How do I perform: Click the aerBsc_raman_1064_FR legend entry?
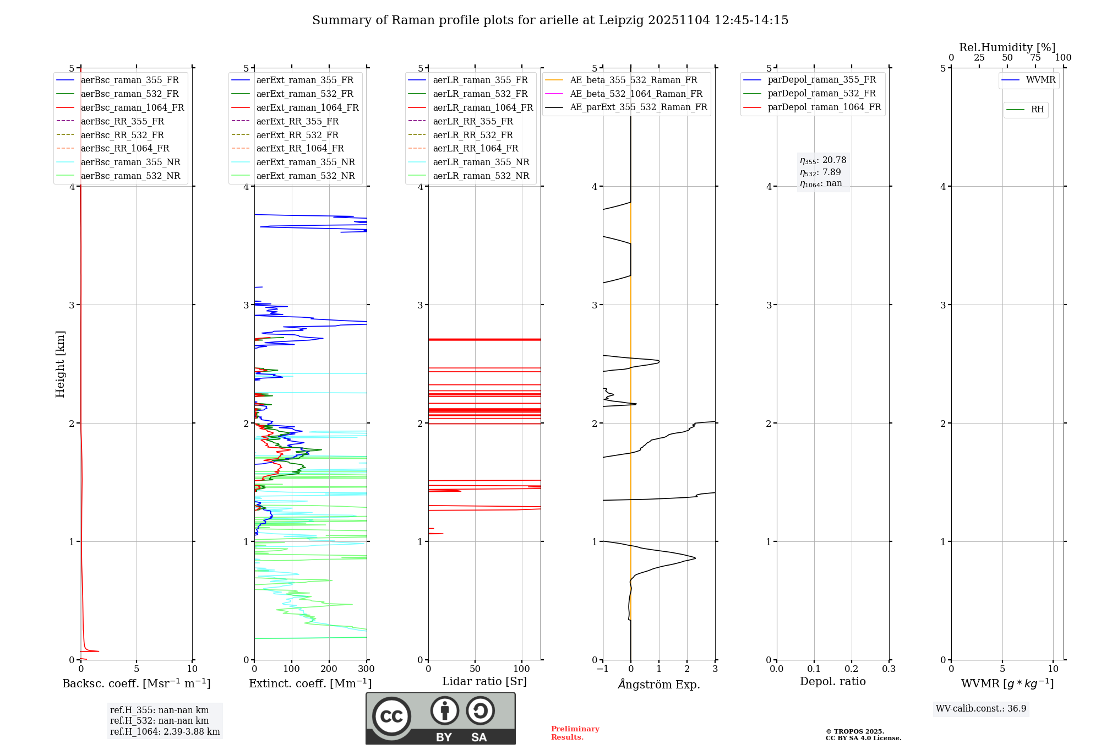[132, 108]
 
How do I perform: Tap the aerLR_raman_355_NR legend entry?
[481, 162]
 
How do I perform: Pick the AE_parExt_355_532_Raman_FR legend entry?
[638, 107]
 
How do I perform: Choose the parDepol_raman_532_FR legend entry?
[821, 94]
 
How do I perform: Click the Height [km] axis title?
[60, 364]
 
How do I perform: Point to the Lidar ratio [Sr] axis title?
[484, 682]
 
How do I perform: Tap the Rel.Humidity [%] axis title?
[1007, 47]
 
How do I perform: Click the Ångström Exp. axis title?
[659, 685]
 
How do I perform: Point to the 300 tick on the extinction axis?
[367, 669]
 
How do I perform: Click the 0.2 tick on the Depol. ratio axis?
[852, 669]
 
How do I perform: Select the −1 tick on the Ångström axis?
[602, 669]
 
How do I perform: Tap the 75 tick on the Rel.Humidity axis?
[1035, 58]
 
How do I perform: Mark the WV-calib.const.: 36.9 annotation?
[981, 709]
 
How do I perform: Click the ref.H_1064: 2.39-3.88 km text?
[165, 732]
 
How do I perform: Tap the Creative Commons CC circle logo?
[391, 717]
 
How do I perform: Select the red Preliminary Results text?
[575, 733]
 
